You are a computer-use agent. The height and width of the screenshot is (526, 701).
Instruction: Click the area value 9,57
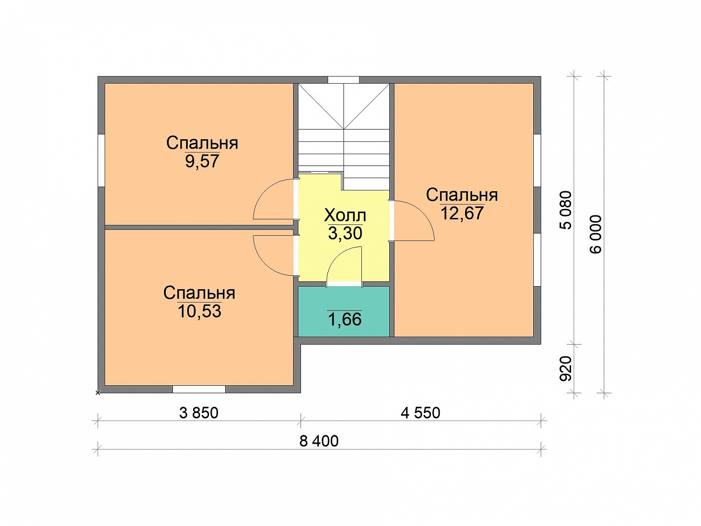[202, 161]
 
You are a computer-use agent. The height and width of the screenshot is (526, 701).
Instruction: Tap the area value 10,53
[199, 311]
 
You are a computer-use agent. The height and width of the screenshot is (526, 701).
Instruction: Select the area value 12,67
[462, 213]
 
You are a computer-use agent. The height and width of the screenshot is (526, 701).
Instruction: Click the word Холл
[345, 216]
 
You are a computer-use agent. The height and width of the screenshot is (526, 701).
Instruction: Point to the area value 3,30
[345, 233]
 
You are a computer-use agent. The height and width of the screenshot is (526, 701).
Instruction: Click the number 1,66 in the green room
[344, 319]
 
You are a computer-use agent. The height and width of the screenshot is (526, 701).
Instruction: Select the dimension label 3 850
[199, 413]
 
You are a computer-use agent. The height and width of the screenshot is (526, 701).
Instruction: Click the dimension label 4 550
[420, 413]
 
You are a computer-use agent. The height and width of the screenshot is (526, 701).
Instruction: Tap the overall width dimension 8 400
[319, 441]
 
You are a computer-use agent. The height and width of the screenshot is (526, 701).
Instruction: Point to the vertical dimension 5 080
[565, 210]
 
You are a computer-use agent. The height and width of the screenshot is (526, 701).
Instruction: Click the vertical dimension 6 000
[595, 234]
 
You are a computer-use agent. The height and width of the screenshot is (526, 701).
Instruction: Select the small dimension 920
[565, 368]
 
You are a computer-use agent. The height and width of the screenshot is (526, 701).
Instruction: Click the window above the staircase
[343, 80]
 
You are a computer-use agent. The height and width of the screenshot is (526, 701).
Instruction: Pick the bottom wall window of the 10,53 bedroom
[199, 389]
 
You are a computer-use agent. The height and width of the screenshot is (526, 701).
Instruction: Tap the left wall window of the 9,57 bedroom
[101, 160]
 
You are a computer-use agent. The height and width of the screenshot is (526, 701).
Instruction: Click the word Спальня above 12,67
[462, 195]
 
